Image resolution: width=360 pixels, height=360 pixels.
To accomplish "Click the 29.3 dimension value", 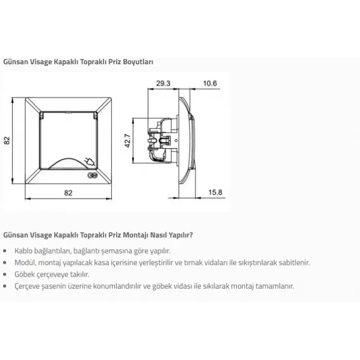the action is (163, 83).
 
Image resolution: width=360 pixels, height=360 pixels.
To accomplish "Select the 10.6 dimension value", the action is (210, 83).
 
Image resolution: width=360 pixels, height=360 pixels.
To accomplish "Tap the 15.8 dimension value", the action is (215, 192).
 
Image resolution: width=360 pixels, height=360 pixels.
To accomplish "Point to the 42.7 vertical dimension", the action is (128, 140).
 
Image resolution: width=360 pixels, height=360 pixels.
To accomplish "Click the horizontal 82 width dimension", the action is (68, 193).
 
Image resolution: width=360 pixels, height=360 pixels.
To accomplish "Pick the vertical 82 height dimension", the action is (7, 140).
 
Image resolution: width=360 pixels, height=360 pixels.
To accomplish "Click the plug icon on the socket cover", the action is (90, 161).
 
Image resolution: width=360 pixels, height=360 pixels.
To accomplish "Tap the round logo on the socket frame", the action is (93, 176).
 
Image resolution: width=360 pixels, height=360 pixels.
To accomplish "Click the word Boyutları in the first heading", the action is (138, 62).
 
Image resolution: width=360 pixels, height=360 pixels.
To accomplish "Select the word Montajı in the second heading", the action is (135, 235).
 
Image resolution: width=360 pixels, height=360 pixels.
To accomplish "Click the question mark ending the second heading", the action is (191, 235).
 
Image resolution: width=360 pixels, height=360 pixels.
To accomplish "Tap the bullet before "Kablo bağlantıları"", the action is (5, 251).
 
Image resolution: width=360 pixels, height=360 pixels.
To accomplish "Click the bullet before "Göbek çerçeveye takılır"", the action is (5, 275).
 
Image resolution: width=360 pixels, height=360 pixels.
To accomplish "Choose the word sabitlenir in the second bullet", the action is (294, 262).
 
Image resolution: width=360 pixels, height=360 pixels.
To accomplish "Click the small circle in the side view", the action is (176, 140).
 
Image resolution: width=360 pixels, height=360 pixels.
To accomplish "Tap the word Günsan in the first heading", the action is (15, 62).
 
